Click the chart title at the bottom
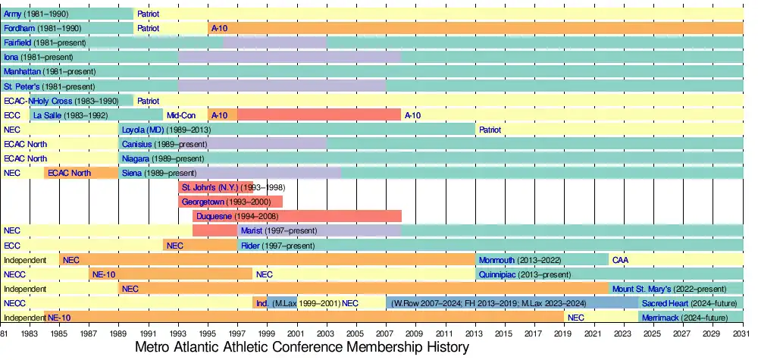(302, 347)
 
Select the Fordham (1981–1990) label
(41, 28)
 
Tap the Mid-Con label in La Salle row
(181, 115)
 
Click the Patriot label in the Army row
(148, 14)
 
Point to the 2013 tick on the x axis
(477, 333)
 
